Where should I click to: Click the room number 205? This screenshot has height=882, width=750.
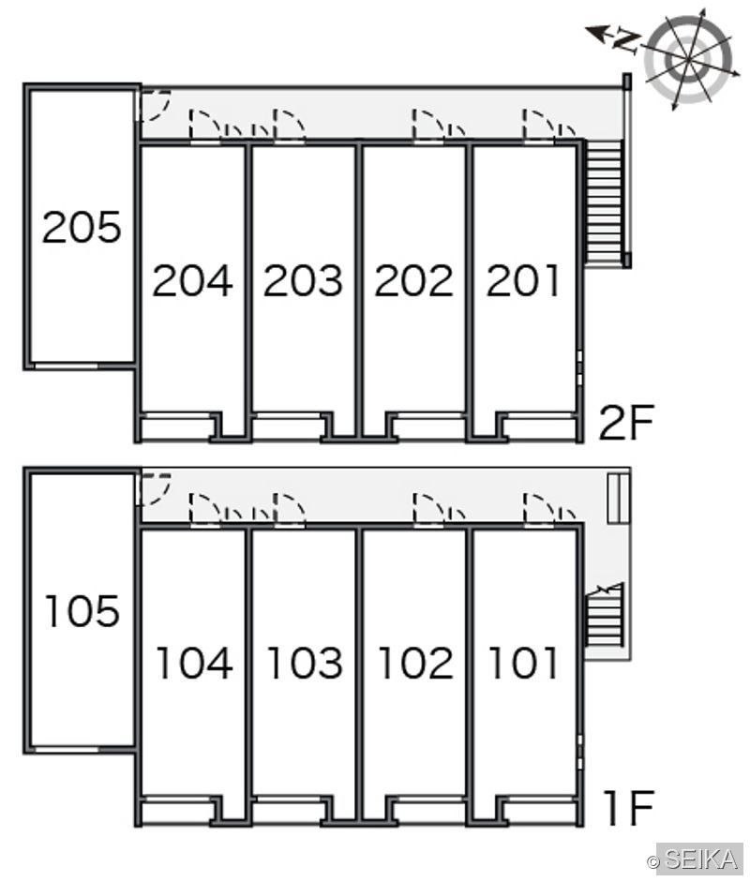[82, 227]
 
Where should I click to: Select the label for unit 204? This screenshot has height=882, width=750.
[192, 280]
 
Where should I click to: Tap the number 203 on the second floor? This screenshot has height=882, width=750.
[303, 280]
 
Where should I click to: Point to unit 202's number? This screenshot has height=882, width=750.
[413, 280]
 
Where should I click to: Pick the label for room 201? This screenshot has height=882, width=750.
[523, 280]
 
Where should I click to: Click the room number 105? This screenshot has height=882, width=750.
[82, 611]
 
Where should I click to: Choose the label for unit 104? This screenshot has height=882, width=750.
[194, 664]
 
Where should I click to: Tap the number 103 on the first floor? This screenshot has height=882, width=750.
[305, 664]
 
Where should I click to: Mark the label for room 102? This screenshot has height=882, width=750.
[416, 664]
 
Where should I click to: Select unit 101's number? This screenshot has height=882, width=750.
[523, 664]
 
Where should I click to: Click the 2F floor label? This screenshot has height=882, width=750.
[626, 423]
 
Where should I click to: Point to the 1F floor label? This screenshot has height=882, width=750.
[629, 808]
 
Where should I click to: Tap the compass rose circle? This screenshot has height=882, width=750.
[688, 59]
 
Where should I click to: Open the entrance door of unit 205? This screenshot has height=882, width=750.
[153, 105]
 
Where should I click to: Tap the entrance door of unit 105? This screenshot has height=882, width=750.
[153, 489]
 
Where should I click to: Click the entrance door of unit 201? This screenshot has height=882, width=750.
[539, 125]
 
